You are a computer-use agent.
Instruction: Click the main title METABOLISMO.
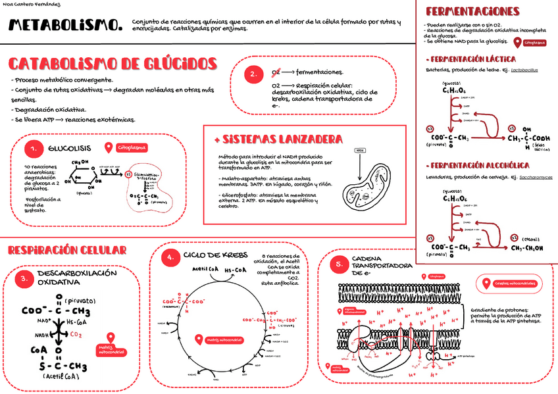click(x=65, y=26)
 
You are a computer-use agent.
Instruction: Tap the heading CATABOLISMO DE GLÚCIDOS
click(x=113, y=64)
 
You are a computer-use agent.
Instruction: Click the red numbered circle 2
click(x=253, y=74)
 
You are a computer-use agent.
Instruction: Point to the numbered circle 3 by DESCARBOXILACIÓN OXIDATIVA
click(x=24, y=278)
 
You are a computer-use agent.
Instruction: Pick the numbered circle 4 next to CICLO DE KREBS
click(x=170, y=257)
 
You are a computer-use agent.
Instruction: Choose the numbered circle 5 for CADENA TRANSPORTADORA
click(x=339, y=264)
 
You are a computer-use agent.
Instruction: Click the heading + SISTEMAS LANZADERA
click(x=278, y=139)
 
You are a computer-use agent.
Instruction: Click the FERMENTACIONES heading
click(x=473, y=12)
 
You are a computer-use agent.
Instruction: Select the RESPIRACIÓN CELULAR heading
click(x=67, y=250)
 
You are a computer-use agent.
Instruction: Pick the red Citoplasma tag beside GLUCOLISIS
click(x=132, y=147)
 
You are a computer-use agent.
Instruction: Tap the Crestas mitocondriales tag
click(x=514, y=283)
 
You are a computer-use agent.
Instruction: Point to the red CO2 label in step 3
click(x=76, y=334)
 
